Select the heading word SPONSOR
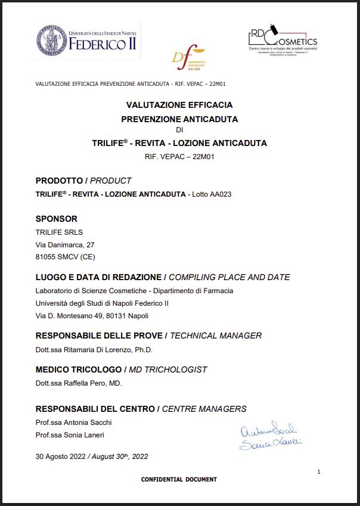pyautogui.click(x=57, y=219)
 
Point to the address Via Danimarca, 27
pyautogui.click(x=65, y=245)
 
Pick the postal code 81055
pyautogui.click(x=46, y=257)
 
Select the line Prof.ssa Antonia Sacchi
pyautogui.click(x=73, y=423)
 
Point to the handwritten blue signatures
pyautogui.click(x=270, y=436)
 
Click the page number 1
pyautogui.click(x=319, y=472)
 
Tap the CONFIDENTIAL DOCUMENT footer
pyautogui.click(x=179, y=479)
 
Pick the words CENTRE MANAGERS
pyautogui.click(x=204, y=409)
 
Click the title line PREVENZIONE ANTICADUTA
pyautogui.click(x=179, y=119)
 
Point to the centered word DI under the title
pyautogui.click(x=179, y=131)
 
